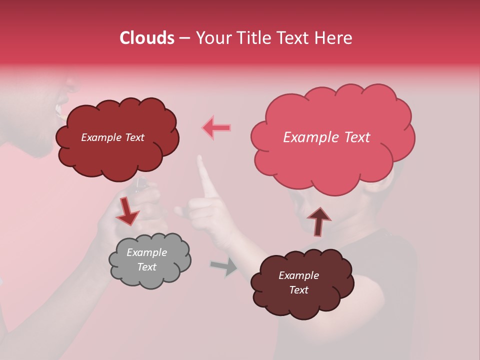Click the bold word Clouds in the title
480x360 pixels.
[147, 38]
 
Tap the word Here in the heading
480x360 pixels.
[334, 38]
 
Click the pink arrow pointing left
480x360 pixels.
[217, 128]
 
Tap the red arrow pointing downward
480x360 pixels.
[127, 212]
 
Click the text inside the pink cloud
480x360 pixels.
[326, 137]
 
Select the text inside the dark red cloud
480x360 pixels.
[112, 137]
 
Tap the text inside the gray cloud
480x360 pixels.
[146, 259]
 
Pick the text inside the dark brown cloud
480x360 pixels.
[298, 282]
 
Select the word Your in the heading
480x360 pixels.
[209, 38]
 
